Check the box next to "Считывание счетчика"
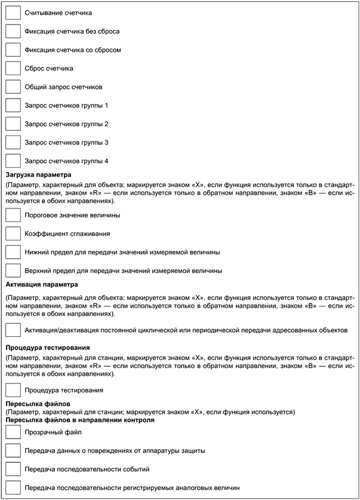pyautogui.click(x=13, y=12)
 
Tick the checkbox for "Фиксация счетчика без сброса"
pyautogui.click(x=13, y=30)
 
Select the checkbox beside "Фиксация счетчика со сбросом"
pyautogui.click(x=13, y=49)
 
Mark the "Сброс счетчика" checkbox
pyautogui.click(x=13, y=68)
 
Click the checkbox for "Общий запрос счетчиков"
pyautogui.click(x=13, y=86)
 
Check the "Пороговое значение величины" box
pyautogui.click(x=13, y=214)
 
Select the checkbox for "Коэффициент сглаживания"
pyautogui.click(x=13, y=233)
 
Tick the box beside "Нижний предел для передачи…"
pyautogui.click(x=13, y=251)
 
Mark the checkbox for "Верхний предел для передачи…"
pyautogui.click(x=13, y=270)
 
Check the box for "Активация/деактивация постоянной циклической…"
pyautogui.click(x=13, y=329)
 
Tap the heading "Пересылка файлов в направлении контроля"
pyautogui.click(x=80, y=420)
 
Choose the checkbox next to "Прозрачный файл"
pyautogui.click(x=13, y=432)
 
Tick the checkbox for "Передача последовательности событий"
pyautogui.click(x=13, y=469)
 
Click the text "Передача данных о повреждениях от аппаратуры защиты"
pyautogui.click(x=115, y=450)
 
